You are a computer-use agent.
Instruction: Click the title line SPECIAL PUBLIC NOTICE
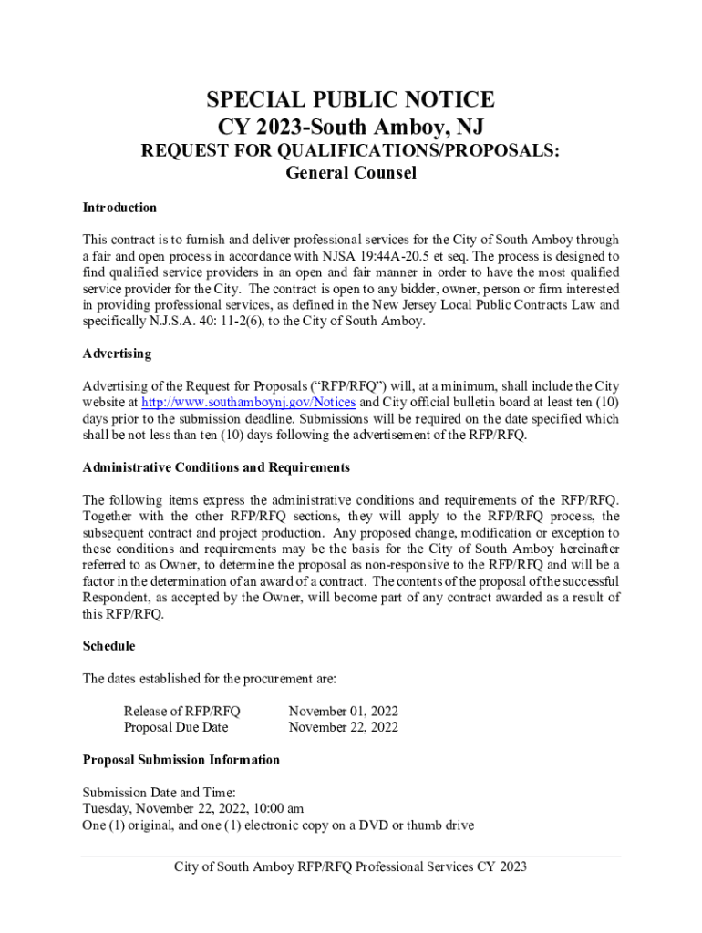point(350,99)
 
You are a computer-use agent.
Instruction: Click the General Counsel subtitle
point(350,173)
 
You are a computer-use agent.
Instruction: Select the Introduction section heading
point(119,208)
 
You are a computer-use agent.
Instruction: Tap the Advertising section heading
point(117,354)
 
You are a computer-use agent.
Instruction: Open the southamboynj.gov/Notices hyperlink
point(251,402)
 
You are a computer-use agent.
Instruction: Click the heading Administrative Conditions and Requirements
point(216,467)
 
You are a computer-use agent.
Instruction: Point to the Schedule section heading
point(108,646)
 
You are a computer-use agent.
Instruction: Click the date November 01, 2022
point(343,711)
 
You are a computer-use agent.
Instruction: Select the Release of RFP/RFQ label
point(181,711)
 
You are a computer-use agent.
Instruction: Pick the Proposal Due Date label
point(176,727)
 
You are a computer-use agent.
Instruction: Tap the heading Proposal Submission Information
point(181,760)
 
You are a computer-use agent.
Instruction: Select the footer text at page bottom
point(350,866)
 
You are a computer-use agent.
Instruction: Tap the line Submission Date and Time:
point(159,793)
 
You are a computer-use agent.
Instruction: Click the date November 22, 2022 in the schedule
point(343,727)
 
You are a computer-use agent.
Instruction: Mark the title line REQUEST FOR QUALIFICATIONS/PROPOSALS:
point(350,149)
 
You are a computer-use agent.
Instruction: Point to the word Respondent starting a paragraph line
point(116,598)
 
